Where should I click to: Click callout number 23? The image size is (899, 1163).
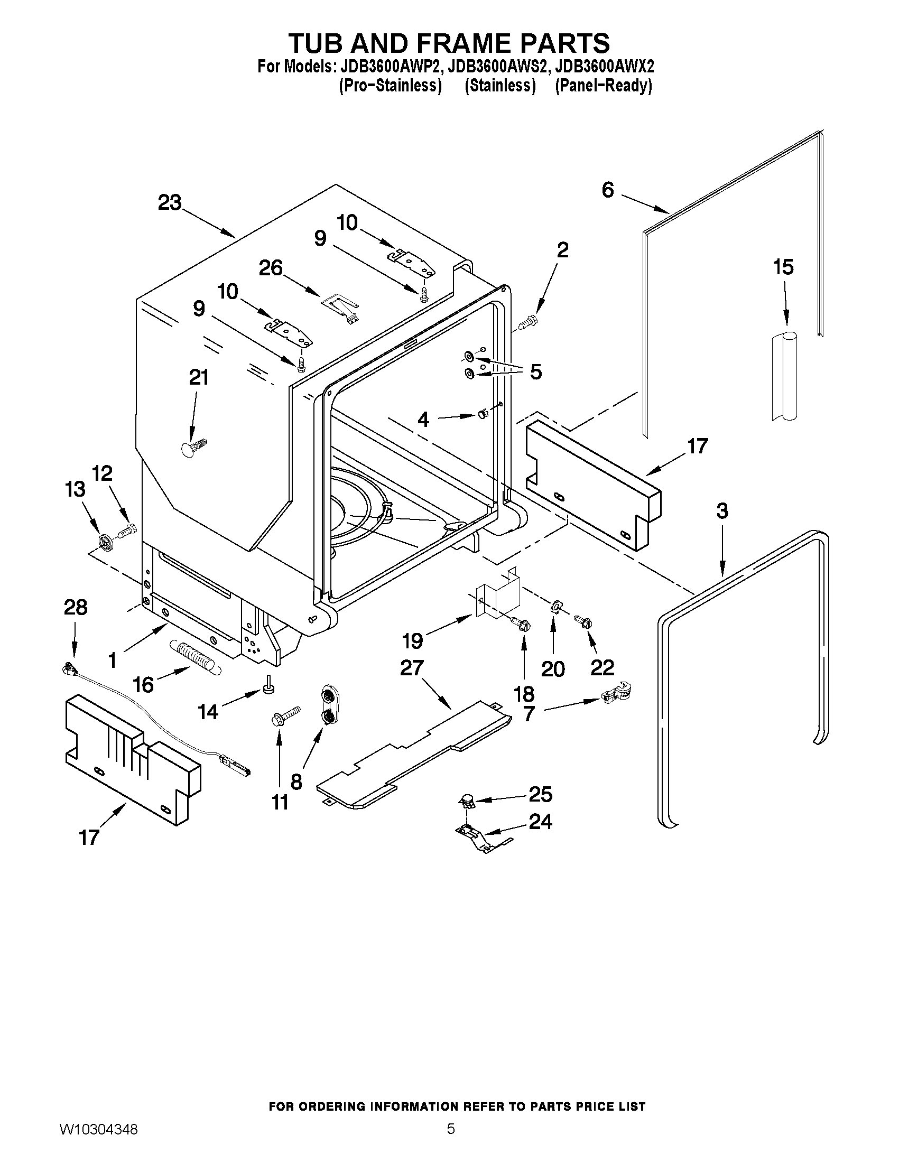(x=169, y=203)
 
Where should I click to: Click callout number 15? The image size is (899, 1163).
(x=783, y=267)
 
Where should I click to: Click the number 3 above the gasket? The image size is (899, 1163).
(x=721, y=511)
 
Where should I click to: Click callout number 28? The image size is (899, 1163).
(x=75, y=607)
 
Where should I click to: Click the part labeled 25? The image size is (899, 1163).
(x=467, y=799)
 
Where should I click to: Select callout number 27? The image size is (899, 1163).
(x=412, y=667)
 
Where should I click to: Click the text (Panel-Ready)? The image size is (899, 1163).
(x=604, y=86)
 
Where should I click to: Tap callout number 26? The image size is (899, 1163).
(x=271, y=268)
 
